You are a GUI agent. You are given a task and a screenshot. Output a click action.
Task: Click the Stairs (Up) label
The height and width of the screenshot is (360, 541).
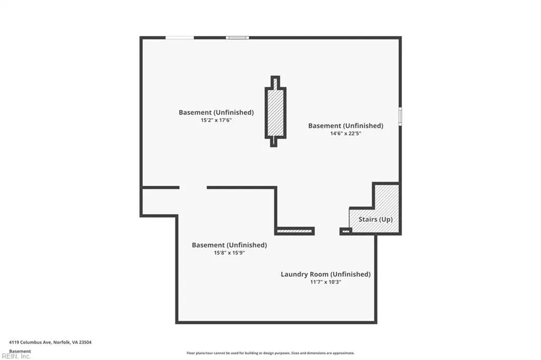(376, 219)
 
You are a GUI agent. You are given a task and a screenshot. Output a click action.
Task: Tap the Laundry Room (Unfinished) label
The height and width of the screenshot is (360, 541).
(325, 274)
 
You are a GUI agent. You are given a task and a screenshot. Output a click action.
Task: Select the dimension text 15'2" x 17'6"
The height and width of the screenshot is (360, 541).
(216, 120)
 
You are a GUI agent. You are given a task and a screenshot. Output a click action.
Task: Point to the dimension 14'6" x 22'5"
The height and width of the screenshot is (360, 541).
(346, 134)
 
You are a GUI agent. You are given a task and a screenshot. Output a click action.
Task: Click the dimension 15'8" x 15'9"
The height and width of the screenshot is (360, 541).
(229, 253)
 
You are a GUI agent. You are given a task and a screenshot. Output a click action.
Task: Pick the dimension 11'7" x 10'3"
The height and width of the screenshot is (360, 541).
(325, 282)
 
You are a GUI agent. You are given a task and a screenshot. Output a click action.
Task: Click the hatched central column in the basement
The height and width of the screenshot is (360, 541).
(275, 112)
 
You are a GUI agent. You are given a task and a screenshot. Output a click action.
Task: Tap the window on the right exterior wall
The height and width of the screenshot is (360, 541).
(400, 116)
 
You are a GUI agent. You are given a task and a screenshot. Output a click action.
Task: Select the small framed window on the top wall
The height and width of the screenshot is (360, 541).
(237, 37)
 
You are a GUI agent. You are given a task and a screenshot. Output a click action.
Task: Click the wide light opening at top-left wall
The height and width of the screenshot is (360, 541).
(180, 37)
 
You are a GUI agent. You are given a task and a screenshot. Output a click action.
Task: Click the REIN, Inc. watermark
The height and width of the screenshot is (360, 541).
(16, 356)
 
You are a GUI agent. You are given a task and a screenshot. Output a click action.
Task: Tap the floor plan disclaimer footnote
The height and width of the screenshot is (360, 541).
(270, 353)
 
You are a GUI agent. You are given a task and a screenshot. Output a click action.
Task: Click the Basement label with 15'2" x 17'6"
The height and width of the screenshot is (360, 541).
(216, 112)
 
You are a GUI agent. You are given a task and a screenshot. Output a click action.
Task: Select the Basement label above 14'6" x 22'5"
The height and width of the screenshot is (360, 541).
(346, 126)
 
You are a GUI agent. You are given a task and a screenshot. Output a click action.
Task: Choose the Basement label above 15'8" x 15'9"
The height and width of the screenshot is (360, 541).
(229, 245)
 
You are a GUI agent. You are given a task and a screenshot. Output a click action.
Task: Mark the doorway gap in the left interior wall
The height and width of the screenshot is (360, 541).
(193, 187)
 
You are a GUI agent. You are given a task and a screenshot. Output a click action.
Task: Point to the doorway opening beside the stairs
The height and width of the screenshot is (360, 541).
(327, 231)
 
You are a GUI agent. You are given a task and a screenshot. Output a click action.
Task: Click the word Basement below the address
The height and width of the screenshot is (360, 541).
(20, 352)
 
